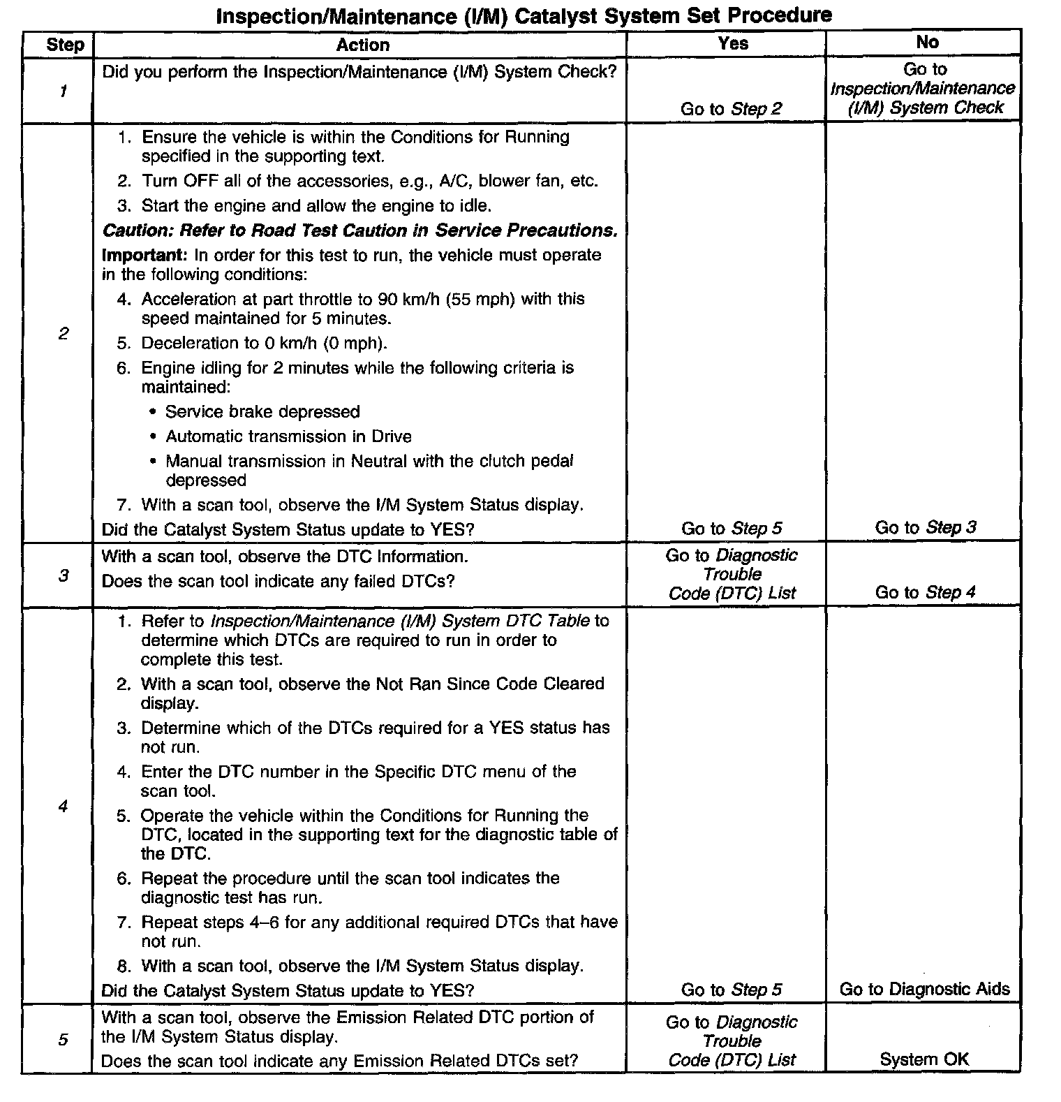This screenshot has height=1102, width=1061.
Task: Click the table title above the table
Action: coord(524,15)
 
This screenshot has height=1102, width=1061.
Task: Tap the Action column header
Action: coord(362,45)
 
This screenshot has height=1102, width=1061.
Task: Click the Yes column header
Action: coord(732,43)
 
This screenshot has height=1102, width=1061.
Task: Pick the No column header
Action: coord(927,43)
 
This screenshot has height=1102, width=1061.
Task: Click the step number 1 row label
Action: coord(64,91)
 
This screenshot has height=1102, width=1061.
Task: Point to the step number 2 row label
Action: coord(64,333)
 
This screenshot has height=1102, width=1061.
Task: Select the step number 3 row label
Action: coord(64,576)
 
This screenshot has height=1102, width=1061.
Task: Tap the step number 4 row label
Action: coord(64,806)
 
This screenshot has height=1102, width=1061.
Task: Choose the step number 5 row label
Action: coord(64,1040)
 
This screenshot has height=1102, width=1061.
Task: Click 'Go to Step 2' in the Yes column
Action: coord(731,109)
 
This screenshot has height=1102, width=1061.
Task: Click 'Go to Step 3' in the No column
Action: coord(926,528)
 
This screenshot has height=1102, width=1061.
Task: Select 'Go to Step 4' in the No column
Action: coord(926,593)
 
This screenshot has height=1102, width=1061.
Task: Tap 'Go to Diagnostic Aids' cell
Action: coord(924,989)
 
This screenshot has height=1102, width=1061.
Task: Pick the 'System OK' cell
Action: coord(924,1059)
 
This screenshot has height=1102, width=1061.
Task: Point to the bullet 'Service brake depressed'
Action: coord(262,412)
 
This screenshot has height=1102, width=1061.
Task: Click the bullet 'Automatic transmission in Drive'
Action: coord(288,436)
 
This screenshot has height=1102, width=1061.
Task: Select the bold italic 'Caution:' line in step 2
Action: coord(359,230)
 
